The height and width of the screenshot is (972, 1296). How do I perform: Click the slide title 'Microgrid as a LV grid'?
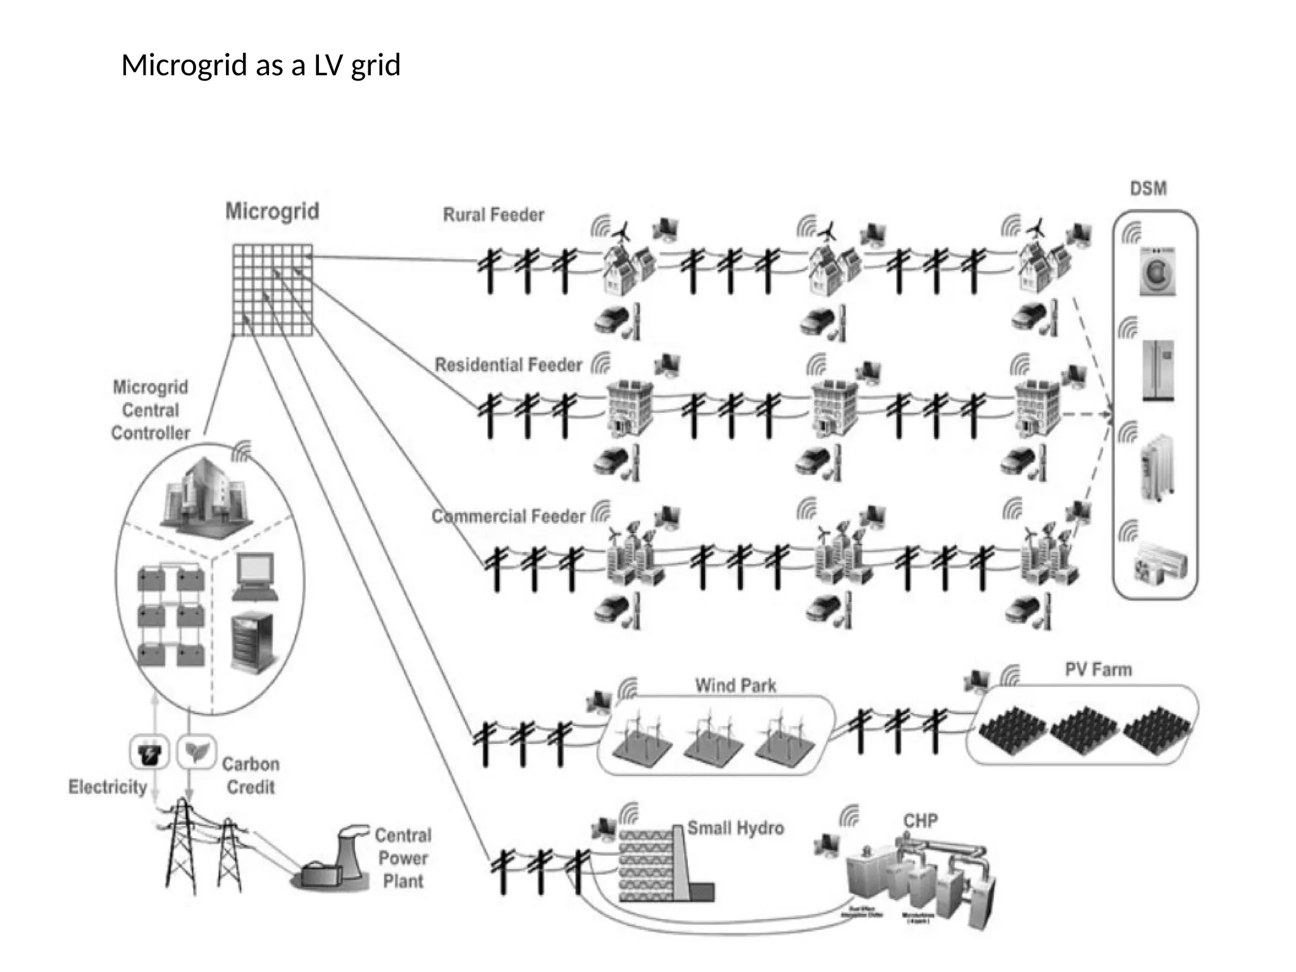[x=261, y=65]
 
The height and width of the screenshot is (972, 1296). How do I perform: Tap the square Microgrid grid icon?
[x=272, y=290]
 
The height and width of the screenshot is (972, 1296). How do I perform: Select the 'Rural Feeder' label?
[x=493, y=215]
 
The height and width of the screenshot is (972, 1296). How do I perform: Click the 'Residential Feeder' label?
[x=508, y=365]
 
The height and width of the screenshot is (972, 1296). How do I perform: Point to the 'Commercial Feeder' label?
[x=508, y=516]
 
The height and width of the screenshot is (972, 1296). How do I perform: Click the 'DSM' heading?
[x=1148, y=189]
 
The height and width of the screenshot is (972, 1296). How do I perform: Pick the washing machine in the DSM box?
[x=1157, y=271]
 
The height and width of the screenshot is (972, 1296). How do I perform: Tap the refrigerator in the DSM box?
[x=1158, y=370]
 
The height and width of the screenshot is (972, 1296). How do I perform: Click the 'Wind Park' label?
[x=735, y=685]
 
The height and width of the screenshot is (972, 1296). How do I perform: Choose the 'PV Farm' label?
[x=1098, y=670]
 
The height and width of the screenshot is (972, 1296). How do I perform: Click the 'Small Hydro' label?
[x=735, y=828]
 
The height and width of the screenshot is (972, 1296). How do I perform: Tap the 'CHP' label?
[x=920, y=821]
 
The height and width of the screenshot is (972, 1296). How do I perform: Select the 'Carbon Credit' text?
[x=251, y=776]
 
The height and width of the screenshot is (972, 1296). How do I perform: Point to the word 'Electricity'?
[x=108, y=787]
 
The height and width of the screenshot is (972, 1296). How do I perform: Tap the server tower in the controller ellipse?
[x=252, y=642]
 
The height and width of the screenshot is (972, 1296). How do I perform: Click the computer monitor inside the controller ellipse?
[x=255, y=575]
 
